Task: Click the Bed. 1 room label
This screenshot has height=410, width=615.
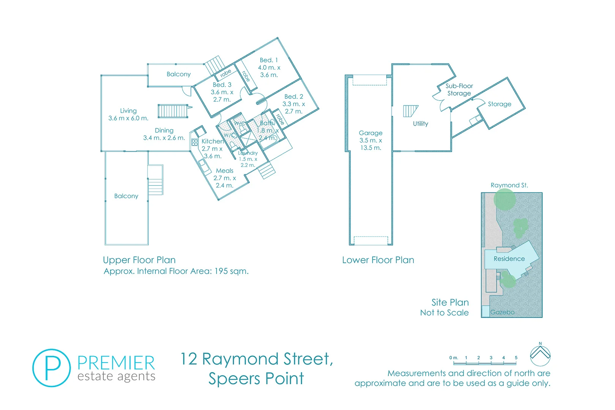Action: [x=269, y=60]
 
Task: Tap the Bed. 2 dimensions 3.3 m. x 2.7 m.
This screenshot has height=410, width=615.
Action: [x=293, y=108]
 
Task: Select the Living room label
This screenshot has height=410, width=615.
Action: [x=128, y=111]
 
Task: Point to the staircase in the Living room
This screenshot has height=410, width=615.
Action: [x=173, y=111]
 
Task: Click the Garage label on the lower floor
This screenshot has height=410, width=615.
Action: [x=371, y=133]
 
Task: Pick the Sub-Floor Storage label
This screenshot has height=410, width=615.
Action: [x=459, y=90]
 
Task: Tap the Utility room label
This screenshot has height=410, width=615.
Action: [x=420, y=124]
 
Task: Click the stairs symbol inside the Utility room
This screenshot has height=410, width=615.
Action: [x=410, y=111]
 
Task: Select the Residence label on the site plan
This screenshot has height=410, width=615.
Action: [x=509, y=259]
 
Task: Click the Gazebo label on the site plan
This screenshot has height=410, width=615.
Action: [x=502, y=312]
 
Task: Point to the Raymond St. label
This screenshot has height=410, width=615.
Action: [x=509, y=185]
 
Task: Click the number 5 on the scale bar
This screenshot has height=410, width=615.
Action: [x=516, y=358]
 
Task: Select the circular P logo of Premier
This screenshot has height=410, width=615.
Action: [x=52, y=368]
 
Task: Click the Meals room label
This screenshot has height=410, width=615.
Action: [x=224, y=171]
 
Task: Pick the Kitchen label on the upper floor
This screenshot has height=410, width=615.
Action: [x=212, y=141]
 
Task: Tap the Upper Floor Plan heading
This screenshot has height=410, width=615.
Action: [x=139, y=260]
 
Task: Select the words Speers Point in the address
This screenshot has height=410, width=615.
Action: [x=256, y=378]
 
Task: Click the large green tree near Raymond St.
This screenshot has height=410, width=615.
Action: [x=505, y=199]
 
